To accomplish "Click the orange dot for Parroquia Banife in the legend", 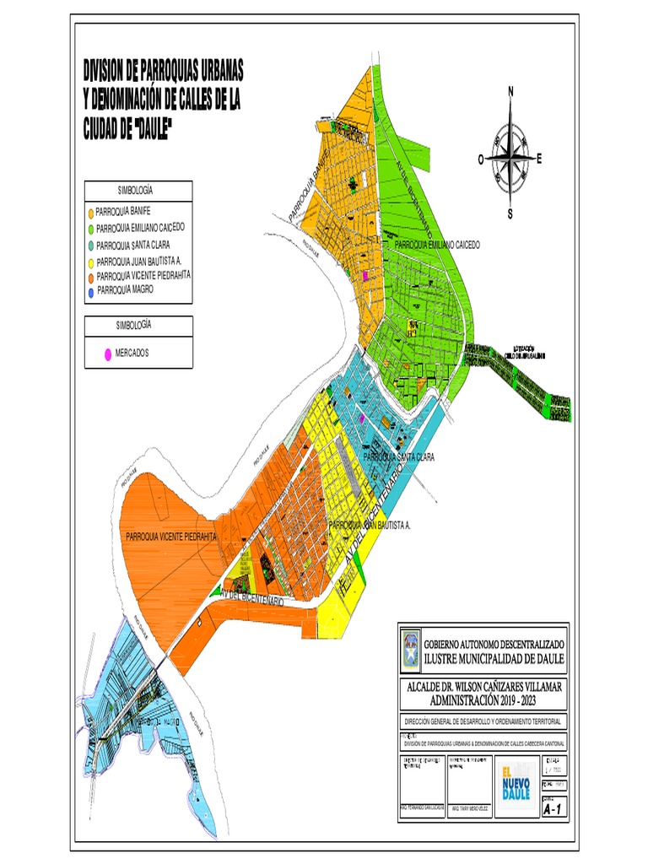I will pos(90,211).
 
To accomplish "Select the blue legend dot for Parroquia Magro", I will pos(90,292).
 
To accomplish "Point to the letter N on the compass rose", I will pos(510,92).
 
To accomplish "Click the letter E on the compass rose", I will pos(539,158).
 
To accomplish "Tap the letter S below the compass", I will pos(510,214).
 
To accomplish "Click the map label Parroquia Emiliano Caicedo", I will pos(438,244).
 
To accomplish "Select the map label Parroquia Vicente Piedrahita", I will pos(171,536).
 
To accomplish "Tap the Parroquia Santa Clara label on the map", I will pos(399,456).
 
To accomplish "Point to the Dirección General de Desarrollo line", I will pos(483,721).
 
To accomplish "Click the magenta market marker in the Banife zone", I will pos(364,276).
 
